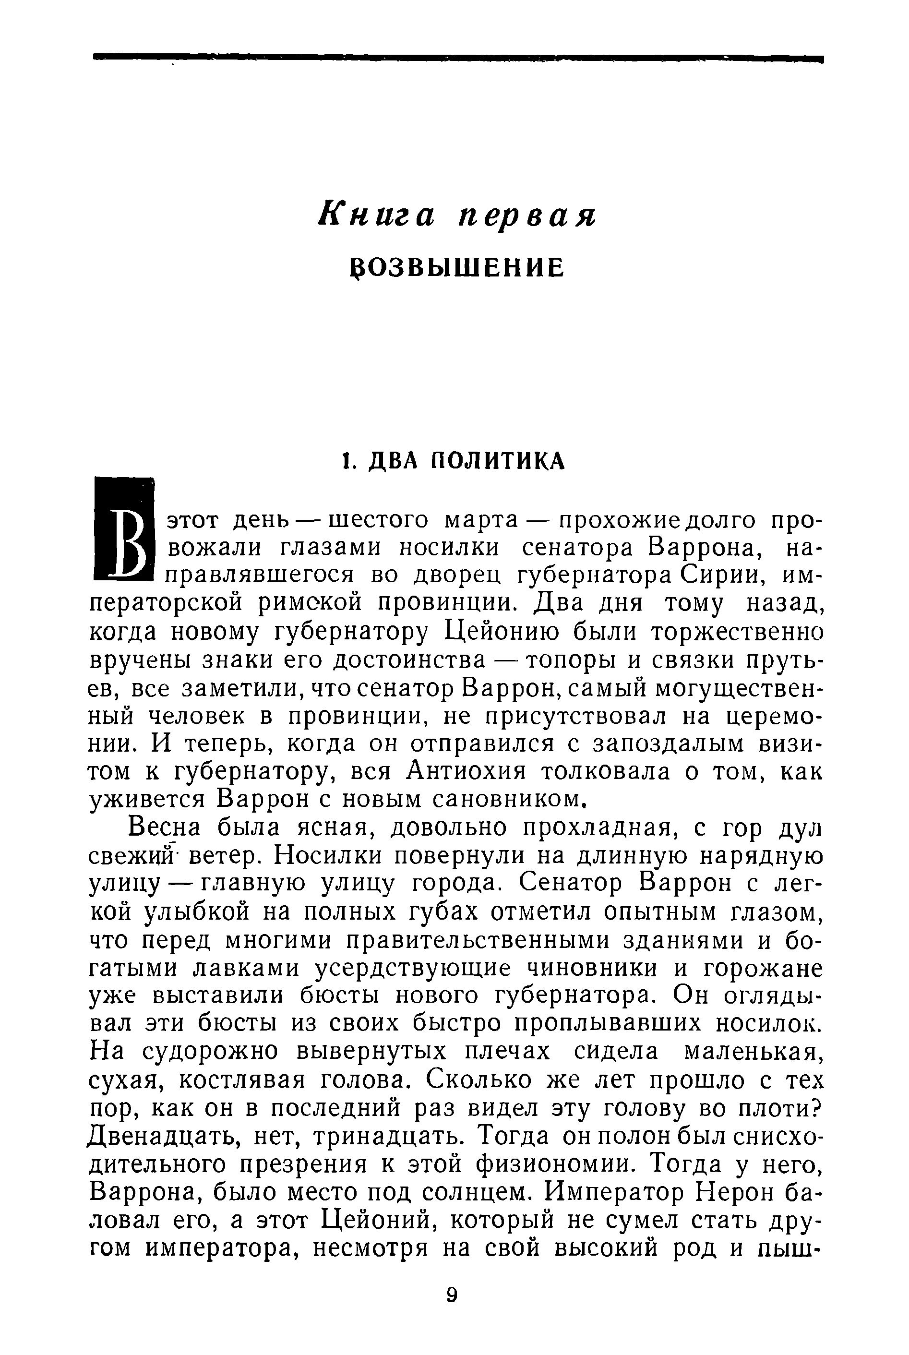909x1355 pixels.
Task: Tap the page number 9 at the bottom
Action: pos(453,1307)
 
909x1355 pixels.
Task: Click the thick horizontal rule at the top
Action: pos(457,58)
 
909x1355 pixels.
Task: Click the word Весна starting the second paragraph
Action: pos(164,827)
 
